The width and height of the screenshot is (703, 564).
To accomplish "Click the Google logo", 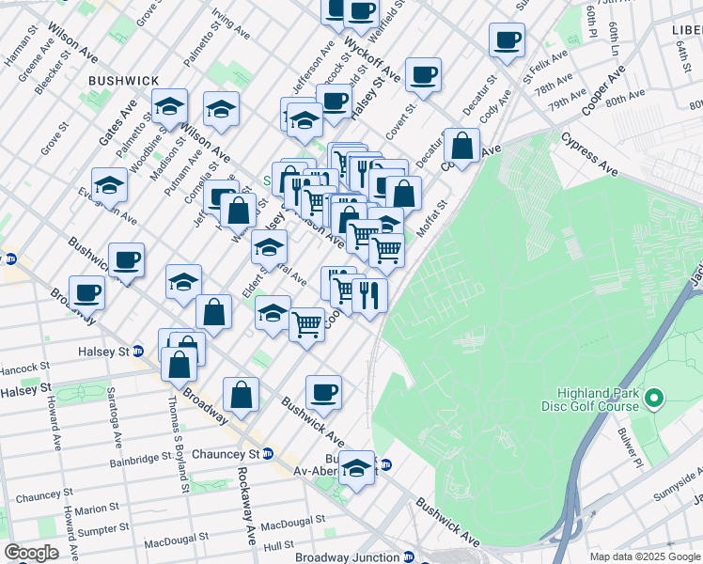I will coord(31,553).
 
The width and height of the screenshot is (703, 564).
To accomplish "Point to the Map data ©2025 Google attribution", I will coord(645,556).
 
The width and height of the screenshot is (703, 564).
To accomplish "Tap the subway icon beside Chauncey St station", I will coord(268,453).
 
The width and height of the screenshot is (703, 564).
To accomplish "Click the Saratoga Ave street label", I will coord(114,417).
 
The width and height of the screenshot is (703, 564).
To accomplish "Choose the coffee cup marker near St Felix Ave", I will coord(507,41).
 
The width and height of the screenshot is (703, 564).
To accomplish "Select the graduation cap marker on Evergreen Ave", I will coord(109,184).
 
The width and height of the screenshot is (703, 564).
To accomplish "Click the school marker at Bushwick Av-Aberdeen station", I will coord(356,466).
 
